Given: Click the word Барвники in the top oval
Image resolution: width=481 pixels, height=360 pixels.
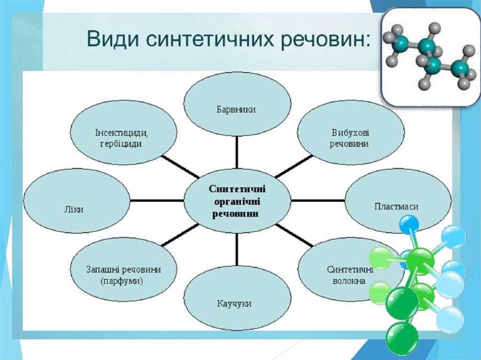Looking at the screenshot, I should pyautogui.click(x=236, y=109).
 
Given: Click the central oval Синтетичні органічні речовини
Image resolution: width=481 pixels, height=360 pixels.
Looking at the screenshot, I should pyautogui.click(x=237, y=200).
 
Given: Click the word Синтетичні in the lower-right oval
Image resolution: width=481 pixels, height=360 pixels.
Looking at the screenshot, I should pyautogui.click(x=350, y=270).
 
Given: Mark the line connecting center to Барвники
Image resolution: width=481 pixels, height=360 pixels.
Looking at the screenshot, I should pyautogui.click(x=237, y=153).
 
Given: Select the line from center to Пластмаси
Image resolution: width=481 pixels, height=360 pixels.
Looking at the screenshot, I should pyautogui.click(x=318, y=200).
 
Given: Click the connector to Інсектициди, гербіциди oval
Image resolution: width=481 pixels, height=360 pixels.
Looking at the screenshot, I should pyautogui.click(x=179, y=166).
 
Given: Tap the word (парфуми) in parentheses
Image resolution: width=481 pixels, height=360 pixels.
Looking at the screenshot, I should pyautogui.click(x=122, y=282).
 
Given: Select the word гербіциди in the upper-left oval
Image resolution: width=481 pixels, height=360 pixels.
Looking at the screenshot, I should pyautogui.click(x=121, y=144).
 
